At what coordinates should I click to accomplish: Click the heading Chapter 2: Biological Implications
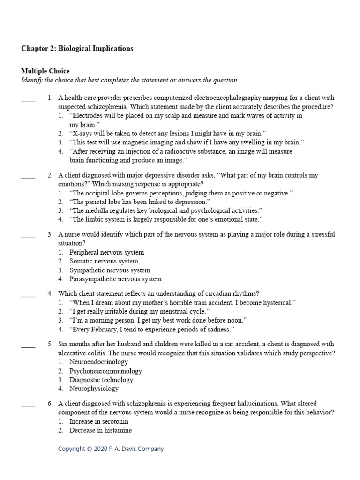77,49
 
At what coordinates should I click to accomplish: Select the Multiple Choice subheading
45,71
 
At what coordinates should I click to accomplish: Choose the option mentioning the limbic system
166,219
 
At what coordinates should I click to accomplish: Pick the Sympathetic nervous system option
110,270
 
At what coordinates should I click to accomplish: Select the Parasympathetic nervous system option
115,279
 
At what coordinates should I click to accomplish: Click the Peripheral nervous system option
106,253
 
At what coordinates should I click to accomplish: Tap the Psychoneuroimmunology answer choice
105,371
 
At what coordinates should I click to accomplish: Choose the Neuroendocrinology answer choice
98,362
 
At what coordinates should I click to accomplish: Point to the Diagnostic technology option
101,380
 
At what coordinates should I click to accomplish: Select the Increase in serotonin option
99,422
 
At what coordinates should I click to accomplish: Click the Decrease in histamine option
100,431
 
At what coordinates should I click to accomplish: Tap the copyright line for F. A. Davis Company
111,449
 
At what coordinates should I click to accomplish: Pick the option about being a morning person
158,321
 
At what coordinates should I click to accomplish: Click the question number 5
50,344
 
